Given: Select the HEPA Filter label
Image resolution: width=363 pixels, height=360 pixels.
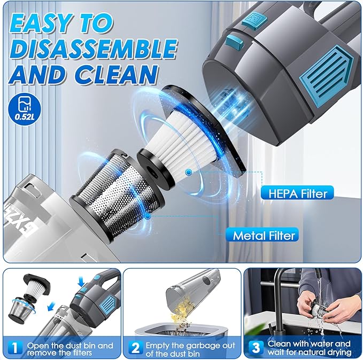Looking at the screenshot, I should (x=297, y=192).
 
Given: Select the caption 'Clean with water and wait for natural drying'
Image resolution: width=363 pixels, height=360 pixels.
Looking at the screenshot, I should (x=309, y=347).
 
